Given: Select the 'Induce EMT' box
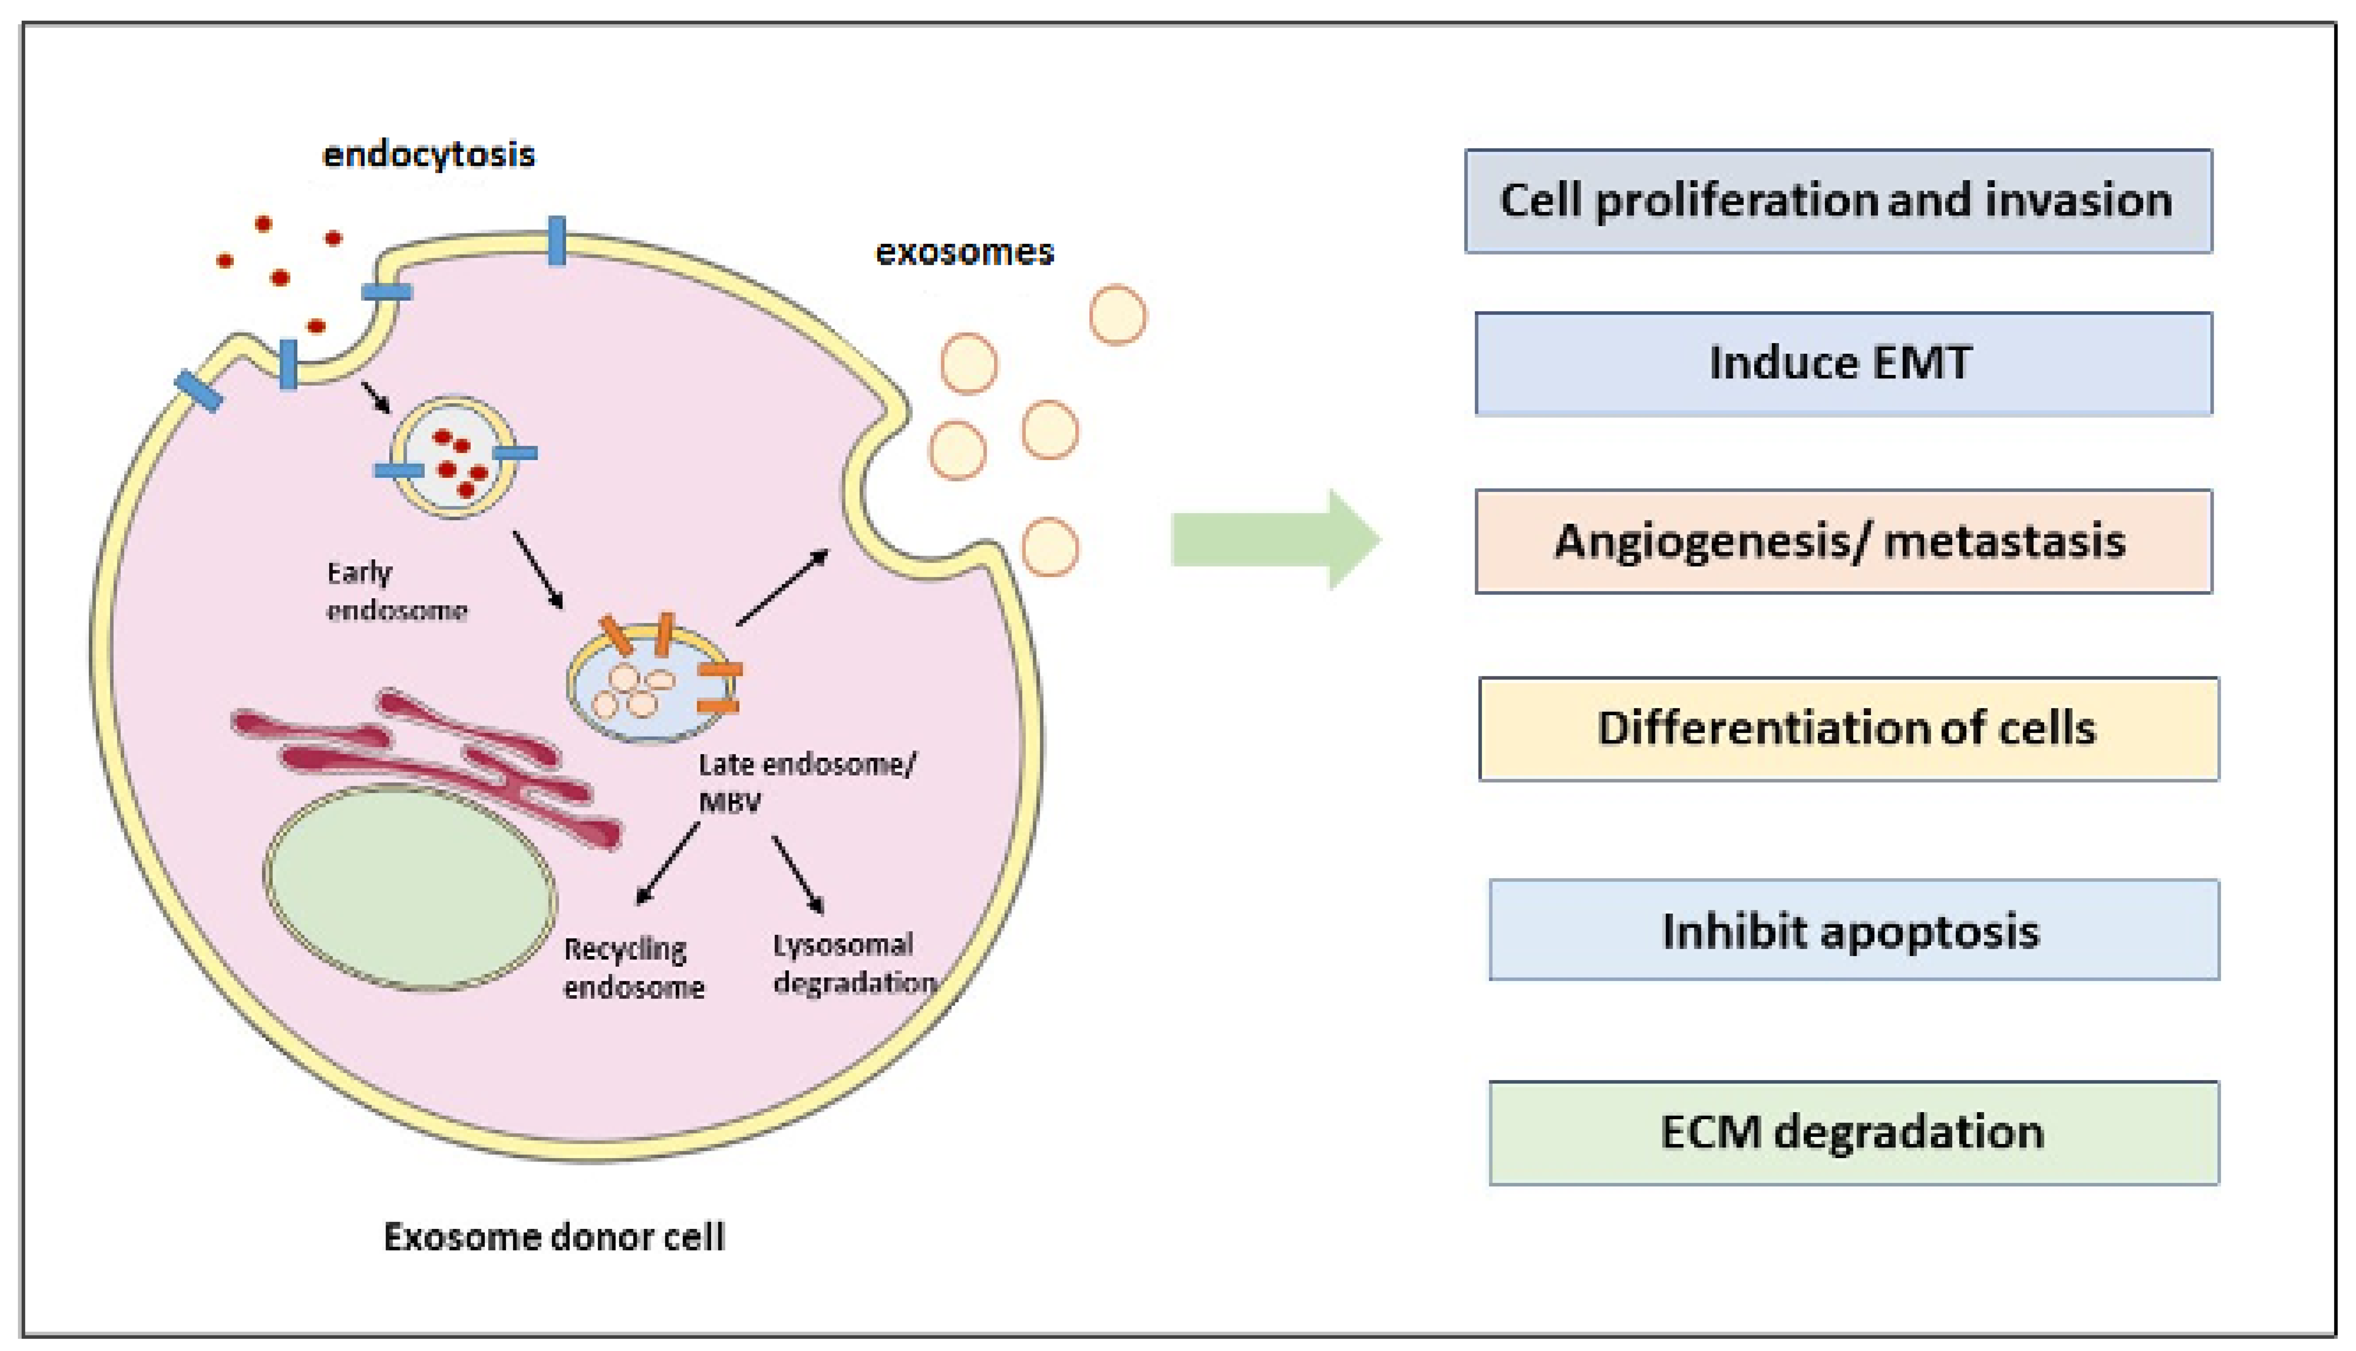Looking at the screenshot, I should (1843, 363).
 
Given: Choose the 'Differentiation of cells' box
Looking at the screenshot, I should (1847, 728).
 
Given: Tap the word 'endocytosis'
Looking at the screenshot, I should (428, 154).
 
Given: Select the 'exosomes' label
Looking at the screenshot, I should (965, 252).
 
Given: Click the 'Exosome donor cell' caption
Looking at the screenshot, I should (554, 1237).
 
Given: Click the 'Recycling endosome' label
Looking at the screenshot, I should (633, 968).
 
